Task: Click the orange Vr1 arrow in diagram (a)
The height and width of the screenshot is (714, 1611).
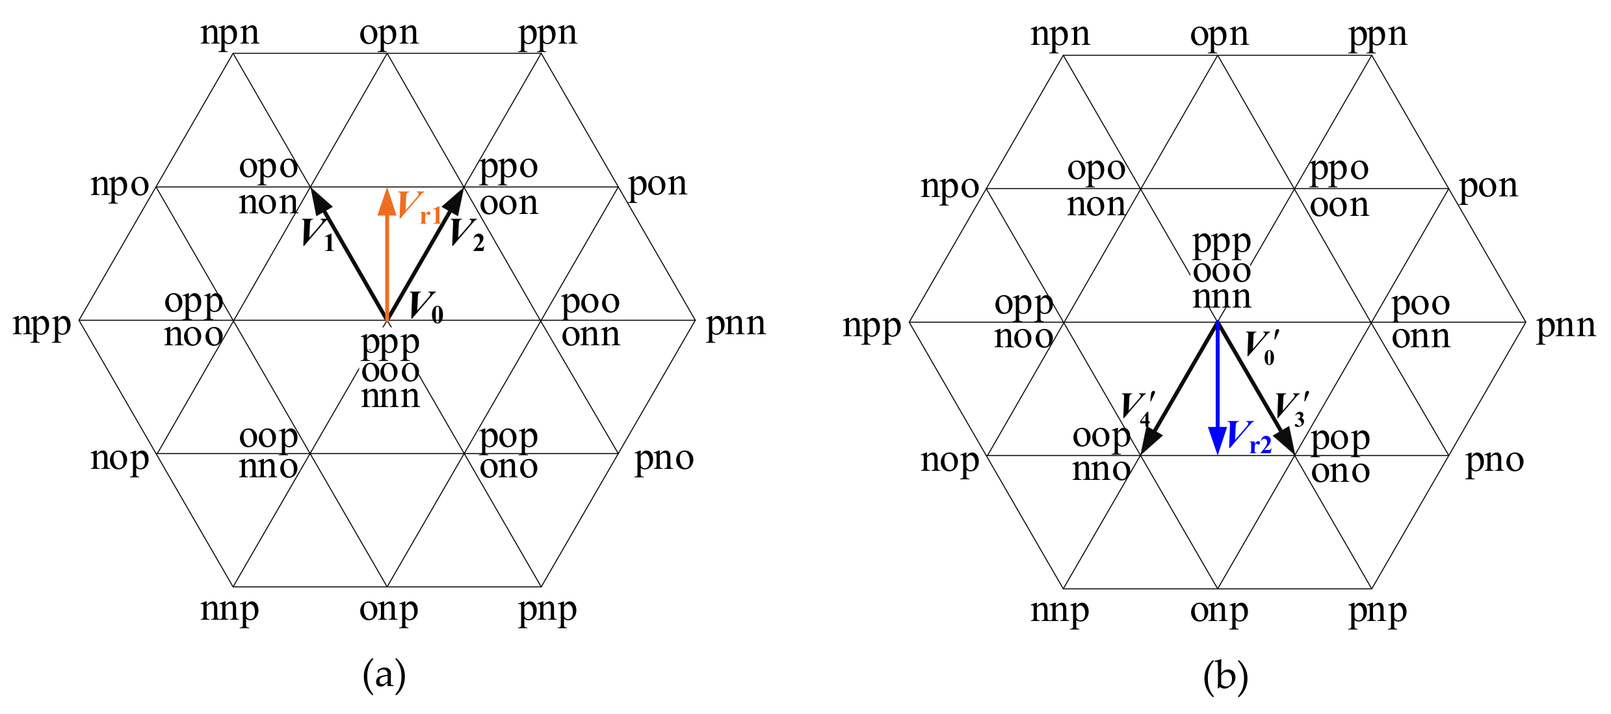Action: pyautogui.click(x=387, y=260)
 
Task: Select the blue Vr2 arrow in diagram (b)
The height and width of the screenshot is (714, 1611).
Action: pyautogui.click(x=1217, y=390)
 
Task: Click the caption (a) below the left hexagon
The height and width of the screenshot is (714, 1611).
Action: pyautogui.click(x=384, y=675)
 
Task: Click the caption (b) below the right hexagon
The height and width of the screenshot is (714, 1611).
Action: pyautogui.click(x=1225, y=676)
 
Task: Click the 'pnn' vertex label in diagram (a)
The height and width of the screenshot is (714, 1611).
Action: pyautogui.click(x=735, y=323)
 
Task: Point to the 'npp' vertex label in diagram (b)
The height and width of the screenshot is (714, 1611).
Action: pyautogui.click(x=872, y=326)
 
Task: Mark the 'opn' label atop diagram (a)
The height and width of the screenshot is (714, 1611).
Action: pyautogui.click(x=389, y=33)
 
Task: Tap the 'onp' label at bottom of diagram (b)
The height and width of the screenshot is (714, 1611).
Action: pyautogui.click(x=1219, y=611)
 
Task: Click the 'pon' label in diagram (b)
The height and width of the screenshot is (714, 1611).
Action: pyautogui.click(x=1488, y=186)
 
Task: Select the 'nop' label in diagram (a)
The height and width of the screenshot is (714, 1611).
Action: pyautogui.click(x=120, y=458)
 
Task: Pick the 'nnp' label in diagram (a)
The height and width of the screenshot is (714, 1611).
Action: pyautogui.click(x=229, y=609)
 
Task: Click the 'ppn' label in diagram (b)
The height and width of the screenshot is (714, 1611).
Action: pyautogui.click(x=1378, y=34)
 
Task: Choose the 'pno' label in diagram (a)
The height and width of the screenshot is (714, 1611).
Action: pyautogui.click(x=664, y=458)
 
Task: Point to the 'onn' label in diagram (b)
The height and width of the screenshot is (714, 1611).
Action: pyautogui.click(x=1421, y=337)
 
